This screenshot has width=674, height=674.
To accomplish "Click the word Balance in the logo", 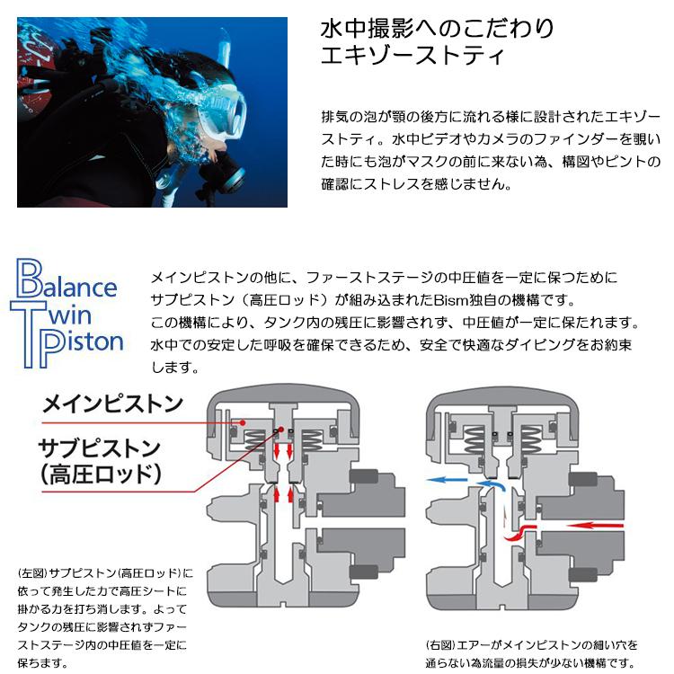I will [72, 286].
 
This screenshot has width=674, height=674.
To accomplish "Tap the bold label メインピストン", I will [112, 403].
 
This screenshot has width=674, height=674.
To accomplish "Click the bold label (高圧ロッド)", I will [101, 474].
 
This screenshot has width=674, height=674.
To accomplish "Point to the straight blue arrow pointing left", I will [449, 481].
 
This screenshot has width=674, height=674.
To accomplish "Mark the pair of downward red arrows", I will [283, 448].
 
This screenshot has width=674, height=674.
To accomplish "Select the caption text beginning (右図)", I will [531, 654].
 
